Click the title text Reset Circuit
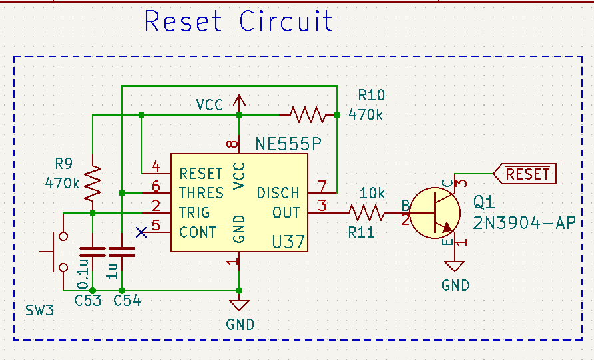coord(238,21)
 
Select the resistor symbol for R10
coord(307,115)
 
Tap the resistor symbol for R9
coord(93,183)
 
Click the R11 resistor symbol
coord(366,213)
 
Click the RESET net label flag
coord(523,174)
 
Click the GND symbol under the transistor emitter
coord(455,267)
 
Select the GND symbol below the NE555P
coord(239,305)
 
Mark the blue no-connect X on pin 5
coord(141,232)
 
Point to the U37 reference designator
coord(288,242)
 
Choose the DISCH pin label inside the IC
coord(278,194)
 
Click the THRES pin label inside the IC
coord(202,194)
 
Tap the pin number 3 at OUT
coord(322,206)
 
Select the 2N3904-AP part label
coord(524,222)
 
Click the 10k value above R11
coord(372,194)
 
